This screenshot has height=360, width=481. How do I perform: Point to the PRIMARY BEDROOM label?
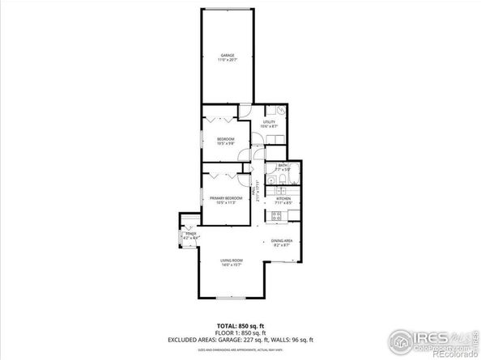[226, 198]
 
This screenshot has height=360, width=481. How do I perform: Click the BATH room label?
[283, 165]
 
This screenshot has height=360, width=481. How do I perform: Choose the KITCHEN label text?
[283, 198]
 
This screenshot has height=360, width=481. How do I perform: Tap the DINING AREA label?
[282, 241]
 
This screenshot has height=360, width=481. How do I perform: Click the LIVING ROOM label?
[232, 260]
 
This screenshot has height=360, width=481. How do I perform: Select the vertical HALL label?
[258, 195]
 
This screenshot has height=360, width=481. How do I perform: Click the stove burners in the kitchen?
[275, 215]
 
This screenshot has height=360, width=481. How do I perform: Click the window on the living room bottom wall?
[229, 299]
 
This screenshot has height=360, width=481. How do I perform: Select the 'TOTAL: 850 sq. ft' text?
[240, 322]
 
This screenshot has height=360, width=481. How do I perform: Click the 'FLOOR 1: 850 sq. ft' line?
[240, 329]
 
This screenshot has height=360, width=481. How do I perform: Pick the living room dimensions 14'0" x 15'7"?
[232, 265]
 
